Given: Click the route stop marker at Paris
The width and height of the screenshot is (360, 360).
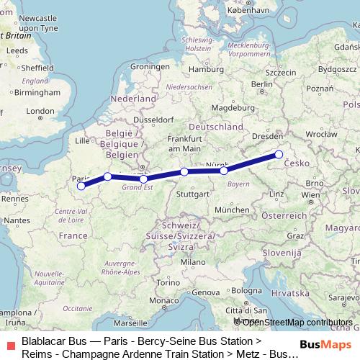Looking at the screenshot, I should [81, 186].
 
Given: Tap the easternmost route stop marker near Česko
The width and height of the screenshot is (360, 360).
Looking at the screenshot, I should [279, 154].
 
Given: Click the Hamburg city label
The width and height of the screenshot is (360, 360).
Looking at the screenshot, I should [202, 68].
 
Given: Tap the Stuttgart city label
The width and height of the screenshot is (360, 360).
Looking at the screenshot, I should [192, 194].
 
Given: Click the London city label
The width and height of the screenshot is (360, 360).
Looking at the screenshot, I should [40, 111].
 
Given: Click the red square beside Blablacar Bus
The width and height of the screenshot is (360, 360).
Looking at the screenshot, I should [10, 346].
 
